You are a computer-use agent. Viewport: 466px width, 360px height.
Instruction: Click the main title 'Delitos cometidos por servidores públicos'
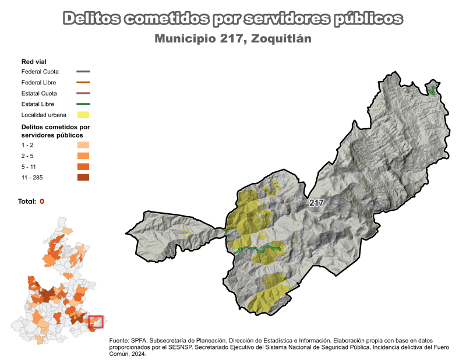coord(232,19)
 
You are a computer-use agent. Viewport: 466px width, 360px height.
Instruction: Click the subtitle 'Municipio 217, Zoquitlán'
coord(232,39)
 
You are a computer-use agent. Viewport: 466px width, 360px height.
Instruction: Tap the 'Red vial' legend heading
coord(34,61)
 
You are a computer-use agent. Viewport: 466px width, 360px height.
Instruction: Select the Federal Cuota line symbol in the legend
coord(83,72)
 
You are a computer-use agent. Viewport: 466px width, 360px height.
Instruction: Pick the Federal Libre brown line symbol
coord(83,83)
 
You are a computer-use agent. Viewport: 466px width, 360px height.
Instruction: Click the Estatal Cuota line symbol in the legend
coord(83,93)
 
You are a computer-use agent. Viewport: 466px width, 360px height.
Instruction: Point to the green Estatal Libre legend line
coord(83,104)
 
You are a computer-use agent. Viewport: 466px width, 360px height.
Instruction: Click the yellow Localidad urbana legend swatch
coord(83,115)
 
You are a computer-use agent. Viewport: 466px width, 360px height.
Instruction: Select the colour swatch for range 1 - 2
coord(83,145)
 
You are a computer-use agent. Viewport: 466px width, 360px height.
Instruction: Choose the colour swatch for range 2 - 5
coord(83,156)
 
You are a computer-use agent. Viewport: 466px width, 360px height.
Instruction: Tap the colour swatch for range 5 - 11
coord(83,167)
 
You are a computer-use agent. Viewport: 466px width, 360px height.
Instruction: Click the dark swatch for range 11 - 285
coord(83,178)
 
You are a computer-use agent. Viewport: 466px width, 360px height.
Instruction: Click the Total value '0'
coord(42,202)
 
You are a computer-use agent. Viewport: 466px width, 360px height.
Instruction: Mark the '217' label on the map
coord(316,203)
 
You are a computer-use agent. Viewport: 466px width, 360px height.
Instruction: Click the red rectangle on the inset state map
coord(96,321)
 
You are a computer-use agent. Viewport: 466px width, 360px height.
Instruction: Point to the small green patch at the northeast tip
coord(432,90)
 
